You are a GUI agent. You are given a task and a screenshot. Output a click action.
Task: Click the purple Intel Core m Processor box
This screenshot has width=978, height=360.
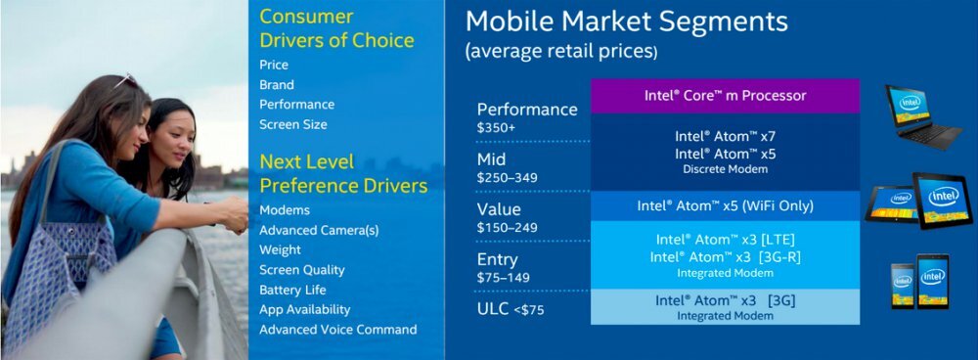click(x=726, y=96)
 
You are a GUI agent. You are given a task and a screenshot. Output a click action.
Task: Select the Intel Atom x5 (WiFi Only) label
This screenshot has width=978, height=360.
click(x=726, y=205)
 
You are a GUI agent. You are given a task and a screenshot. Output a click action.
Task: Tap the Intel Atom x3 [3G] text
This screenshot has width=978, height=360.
click(x=726, y=300)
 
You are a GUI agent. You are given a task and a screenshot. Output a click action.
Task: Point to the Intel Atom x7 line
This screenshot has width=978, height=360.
click(x=726, y=136)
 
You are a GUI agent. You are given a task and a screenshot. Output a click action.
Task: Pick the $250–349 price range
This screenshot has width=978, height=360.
click(x=507, y=178)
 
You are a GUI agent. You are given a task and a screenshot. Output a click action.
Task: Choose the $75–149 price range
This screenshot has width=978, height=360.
click(x=503, y=278)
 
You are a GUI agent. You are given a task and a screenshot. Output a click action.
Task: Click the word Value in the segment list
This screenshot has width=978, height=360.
click(x=499, y=209)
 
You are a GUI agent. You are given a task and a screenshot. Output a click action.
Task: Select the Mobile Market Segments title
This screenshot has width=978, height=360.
click(x=627, y=22)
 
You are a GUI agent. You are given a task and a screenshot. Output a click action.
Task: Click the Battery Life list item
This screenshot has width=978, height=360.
click(x=292, y=291)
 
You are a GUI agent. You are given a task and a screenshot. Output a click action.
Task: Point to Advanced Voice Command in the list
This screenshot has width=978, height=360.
click(x=338, y=330)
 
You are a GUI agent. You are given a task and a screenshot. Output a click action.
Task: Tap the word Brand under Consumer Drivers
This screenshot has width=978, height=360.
click(x=277, y=85)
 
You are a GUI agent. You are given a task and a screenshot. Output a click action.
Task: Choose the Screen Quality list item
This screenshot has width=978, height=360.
click(x=302, y=270)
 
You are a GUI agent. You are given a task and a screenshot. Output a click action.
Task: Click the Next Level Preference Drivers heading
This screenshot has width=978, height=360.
click(x=343, y=174)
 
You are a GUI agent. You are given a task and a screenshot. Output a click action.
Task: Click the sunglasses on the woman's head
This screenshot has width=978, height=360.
click(x=126, y=80)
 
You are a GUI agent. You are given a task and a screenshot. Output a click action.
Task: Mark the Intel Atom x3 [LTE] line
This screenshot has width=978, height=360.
click(x=726, y=240)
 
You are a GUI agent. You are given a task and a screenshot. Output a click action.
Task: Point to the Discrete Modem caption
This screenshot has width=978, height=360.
click(x=724, y=169)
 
